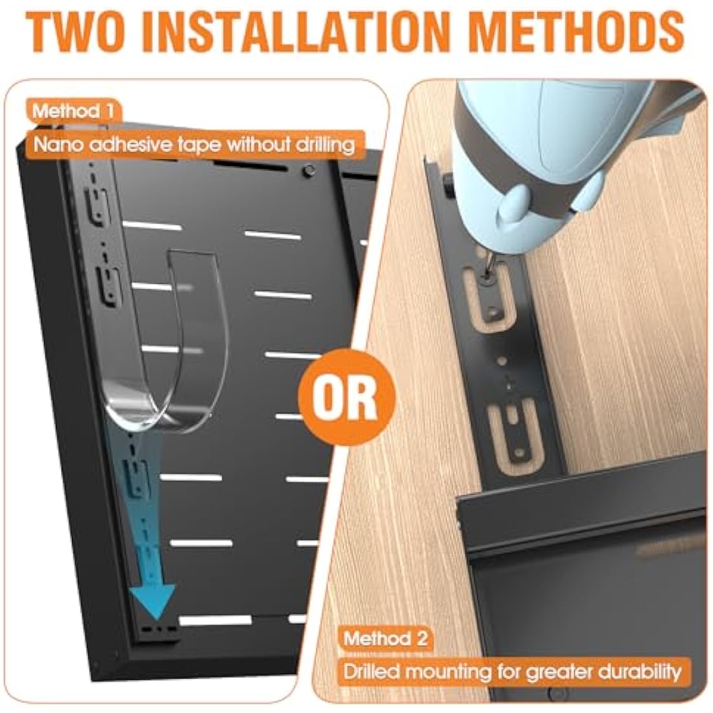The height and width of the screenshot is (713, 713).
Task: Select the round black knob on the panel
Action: [x=309, y=171]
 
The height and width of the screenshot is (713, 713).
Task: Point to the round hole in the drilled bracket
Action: [x=502, y=360]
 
